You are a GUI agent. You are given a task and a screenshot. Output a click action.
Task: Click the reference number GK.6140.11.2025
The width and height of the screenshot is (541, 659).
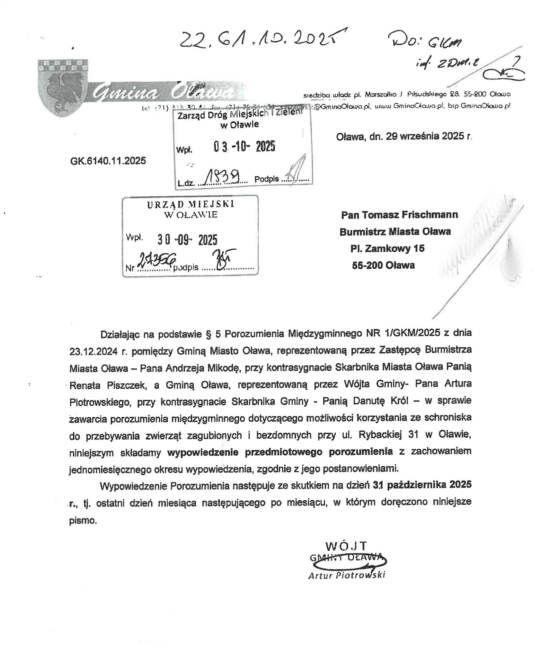[x=108, y=161]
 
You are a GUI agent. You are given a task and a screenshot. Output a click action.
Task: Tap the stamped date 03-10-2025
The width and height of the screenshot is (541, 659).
[x=244, y=147]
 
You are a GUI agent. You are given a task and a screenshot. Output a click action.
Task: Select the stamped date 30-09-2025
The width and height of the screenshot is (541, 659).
[x=187, y=240]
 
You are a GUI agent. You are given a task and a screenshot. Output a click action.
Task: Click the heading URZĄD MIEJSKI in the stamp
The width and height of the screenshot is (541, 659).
[x=191, y=205]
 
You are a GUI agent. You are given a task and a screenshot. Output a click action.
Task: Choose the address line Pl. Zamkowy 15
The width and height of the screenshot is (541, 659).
[x=387, y=248]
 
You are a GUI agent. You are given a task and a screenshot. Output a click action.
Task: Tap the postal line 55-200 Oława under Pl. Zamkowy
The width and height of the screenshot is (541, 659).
[x=383, y=265]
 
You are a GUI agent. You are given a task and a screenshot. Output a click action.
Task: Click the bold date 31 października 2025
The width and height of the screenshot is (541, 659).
[x=422, y=485]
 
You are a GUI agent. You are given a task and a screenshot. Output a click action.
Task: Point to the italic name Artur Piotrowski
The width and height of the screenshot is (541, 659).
[x=347, y=575]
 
